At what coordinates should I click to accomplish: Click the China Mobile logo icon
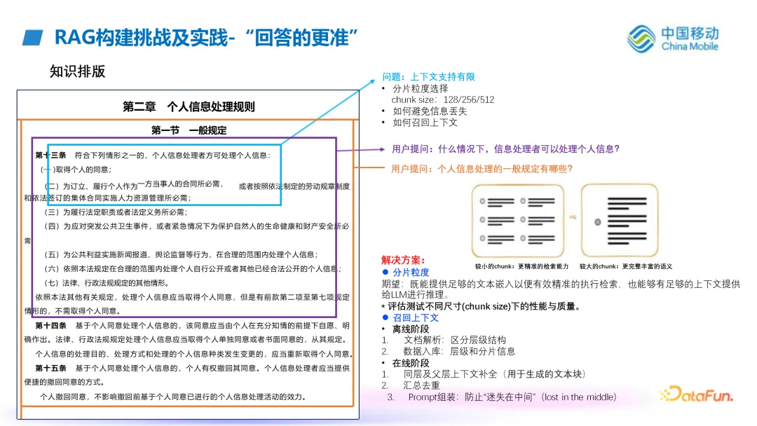[641, 39]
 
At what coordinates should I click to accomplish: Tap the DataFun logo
[697, 394]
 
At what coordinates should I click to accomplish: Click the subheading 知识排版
[77, 71]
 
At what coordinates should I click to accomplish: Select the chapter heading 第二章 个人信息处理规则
[189, 106]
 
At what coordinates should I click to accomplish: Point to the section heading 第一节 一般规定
[189, 130]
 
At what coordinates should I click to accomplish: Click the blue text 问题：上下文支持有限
[428, 77]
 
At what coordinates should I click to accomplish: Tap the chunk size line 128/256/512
[443, 99]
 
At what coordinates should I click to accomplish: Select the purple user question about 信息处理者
[505, 149]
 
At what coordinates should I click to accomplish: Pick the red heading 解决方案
[404, 260]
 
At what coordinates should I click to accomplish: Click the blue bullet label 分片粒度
[411, 272]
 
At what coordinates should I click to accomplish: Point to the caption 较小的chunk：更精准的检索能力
[521, 266]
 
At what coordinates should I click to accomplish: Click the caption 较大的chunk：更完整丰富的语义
[626, 266]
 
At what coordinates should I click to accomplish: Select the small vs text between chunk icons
[573, 218]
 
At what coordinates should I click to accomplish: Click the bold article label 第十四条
[51, 326]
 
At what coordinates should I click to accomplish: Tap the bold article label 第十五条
[51, 368]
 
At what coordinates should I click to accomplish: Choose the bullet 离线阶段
[411, 329]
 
